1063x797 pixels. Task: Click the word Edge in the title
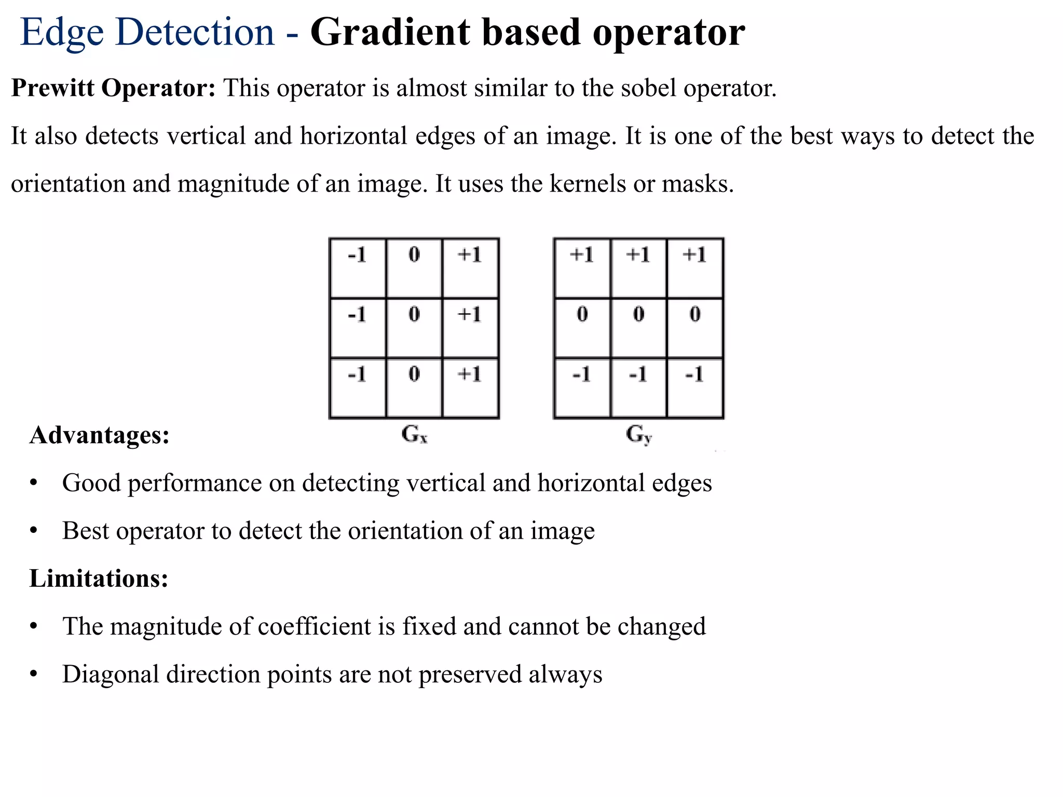click(62, 32)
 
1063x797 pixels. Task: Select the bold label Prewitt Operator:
click(113, 88)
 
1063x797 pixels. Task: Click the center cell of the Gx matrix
click(414, 328)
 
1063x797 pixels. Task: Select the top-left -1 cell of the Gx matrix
click(358, 268)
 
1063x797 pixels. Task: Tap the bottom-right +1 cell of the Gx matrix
click(470, 388)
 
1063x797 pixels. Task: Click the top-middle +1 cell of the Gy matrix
click(638, 268)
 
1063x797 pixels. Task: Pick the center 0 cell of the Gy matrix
click(638, 328)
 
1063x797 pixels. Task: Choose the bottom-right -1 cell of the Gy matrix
click(695, 388)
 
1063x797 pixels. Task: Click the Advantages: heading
click(99, 435)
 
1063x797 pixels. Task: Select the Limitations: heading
click(99, 578)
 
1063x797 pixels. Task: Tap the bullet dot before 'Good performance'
click(34, 483)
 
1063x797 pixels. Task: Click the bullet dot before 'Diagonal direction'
click(34, 674)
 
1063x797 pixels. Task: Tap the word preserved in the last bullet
click(470, 674)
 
